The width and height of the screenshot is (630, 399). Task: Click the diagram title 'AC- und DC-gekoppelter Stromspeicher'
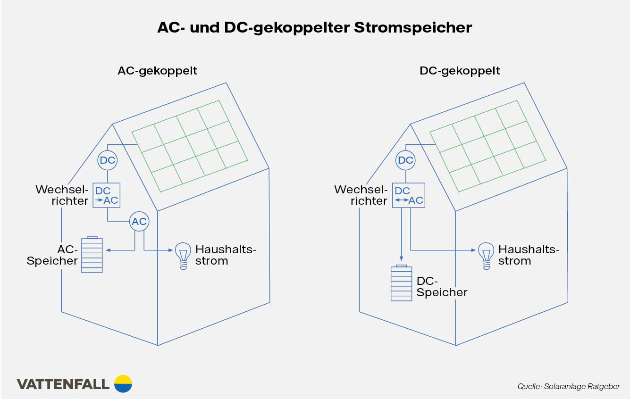click(x=314, y=27)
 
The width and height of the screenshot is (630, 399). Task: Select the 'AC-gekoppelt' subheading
click(x=157, y=71)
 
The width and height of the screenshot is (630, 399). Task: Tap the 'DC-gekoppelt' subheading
click(x=460, y=71)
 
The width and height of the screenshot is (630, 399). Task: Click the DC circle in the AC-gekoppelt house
click(x=107, y=160)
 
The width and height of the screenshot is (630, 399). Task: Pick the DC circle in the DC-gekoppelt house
click(x=405, y=160)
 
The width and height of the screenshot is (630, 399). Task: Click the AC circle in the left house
click(x=139, y=222)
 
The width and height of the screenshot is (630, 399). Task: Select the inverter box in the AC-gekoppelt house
click(x=106, y=196)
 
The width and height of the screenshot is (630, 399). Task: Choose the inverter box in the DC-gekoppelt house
click(x=409, y=196)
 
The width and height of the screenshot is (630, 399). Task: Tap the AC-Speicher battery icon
click(x=92, y=255)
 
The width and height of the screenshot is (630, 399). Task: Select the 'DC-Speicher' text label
click(x=442, y=287)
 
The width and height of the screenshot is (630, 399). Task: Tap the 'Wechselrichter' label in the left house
click(x=62, y=195)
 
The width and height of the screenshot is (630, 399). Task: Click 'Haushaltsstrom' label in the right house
click(x=529, y=255)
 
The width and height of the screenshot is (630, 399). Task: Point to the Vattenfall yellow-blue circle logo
click(x=124, y=383)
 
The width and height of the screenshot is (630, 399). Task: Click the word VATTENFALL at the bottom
click(x=63, y=384)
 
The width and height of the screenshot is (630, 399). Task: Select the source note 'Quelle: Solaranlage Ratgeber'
click(x=568, y=386)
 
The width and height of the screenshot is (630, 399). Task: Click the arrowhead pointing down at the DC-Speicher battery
click(x=401, y=258)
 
